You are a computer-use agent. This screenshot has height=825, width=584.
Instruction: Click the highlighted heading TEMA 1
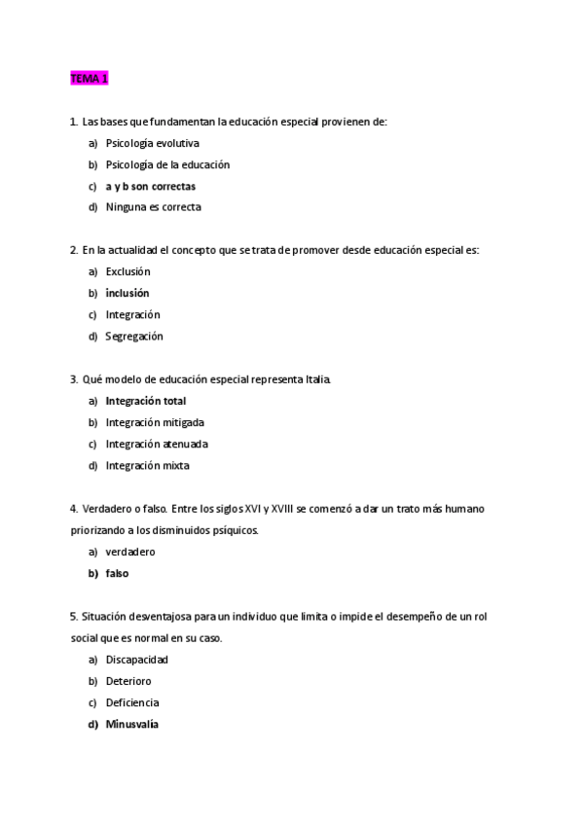[89, 79]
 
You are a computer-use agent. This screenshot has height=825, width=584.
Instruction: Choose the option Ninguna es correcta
[153, 207]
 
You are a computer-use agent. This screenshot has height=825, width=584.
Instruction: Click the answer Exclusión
[128, 271]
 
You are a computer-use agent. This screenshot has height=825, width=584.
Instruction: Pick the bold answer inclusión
[128, 293]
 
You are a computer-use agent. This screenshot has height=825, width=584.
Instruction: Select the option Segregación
[134, 337]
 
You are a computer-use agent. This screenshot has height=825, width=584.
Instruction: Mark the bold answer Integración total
[146, 401]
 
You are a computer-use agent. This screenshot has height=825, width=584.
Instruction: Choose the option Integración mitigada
[154, 422]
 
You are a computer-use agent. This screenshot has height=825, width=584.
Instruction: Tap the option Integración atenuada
[157, 444]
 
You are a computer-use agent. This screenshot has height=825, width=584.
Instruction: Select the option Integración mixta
[147, 465]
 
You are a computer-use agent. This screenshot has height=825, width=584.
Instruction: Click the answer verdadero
[130, 552]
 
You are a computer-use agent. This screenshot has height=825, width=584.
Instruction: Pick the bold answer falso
[117, 573]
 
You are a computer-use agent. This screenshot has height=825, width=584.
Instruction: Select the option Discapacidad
[136, 660]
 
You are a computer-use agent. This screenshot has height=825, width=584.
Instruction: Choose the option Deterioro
[128, 681]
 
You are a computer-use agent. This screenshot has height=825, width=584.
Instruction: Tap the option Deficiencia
[132, 702]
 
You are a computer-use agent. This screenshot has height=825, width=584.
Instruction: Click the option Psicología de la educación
[167, 164]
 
